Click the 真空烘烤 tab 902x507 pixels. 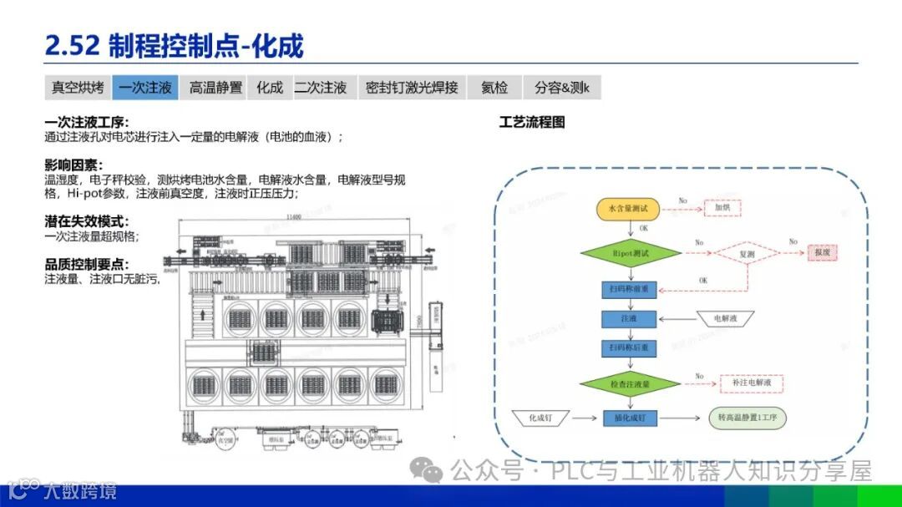point(78,87)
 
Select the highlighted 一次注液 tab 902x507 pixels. point(145,87)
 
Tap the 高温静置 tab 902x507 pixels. point(215,87)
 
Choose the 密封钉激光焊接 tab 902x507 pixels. point(412,87)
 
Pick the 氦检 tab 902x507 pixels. point(494,87)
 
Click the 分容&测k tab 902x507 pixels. point(562,87)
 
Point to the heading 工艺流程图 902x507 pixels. point(532,122)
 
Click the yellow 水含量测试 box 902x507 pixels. point(628,208)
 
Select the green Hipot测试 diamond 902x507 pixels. point(630,251)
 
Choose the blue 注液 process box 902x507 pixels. point(629,318)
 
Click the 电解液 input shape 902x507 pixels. point(723,318)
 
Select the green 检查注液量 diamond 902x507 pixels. point(630,383)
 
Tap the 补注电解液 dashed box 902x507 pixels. point(752,383)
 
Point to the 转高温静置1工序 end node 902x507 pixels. point(748,417)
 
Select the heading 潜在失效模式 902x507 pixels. point(86,221)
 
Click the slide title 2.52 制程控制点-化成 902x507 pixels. point(175,44)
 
